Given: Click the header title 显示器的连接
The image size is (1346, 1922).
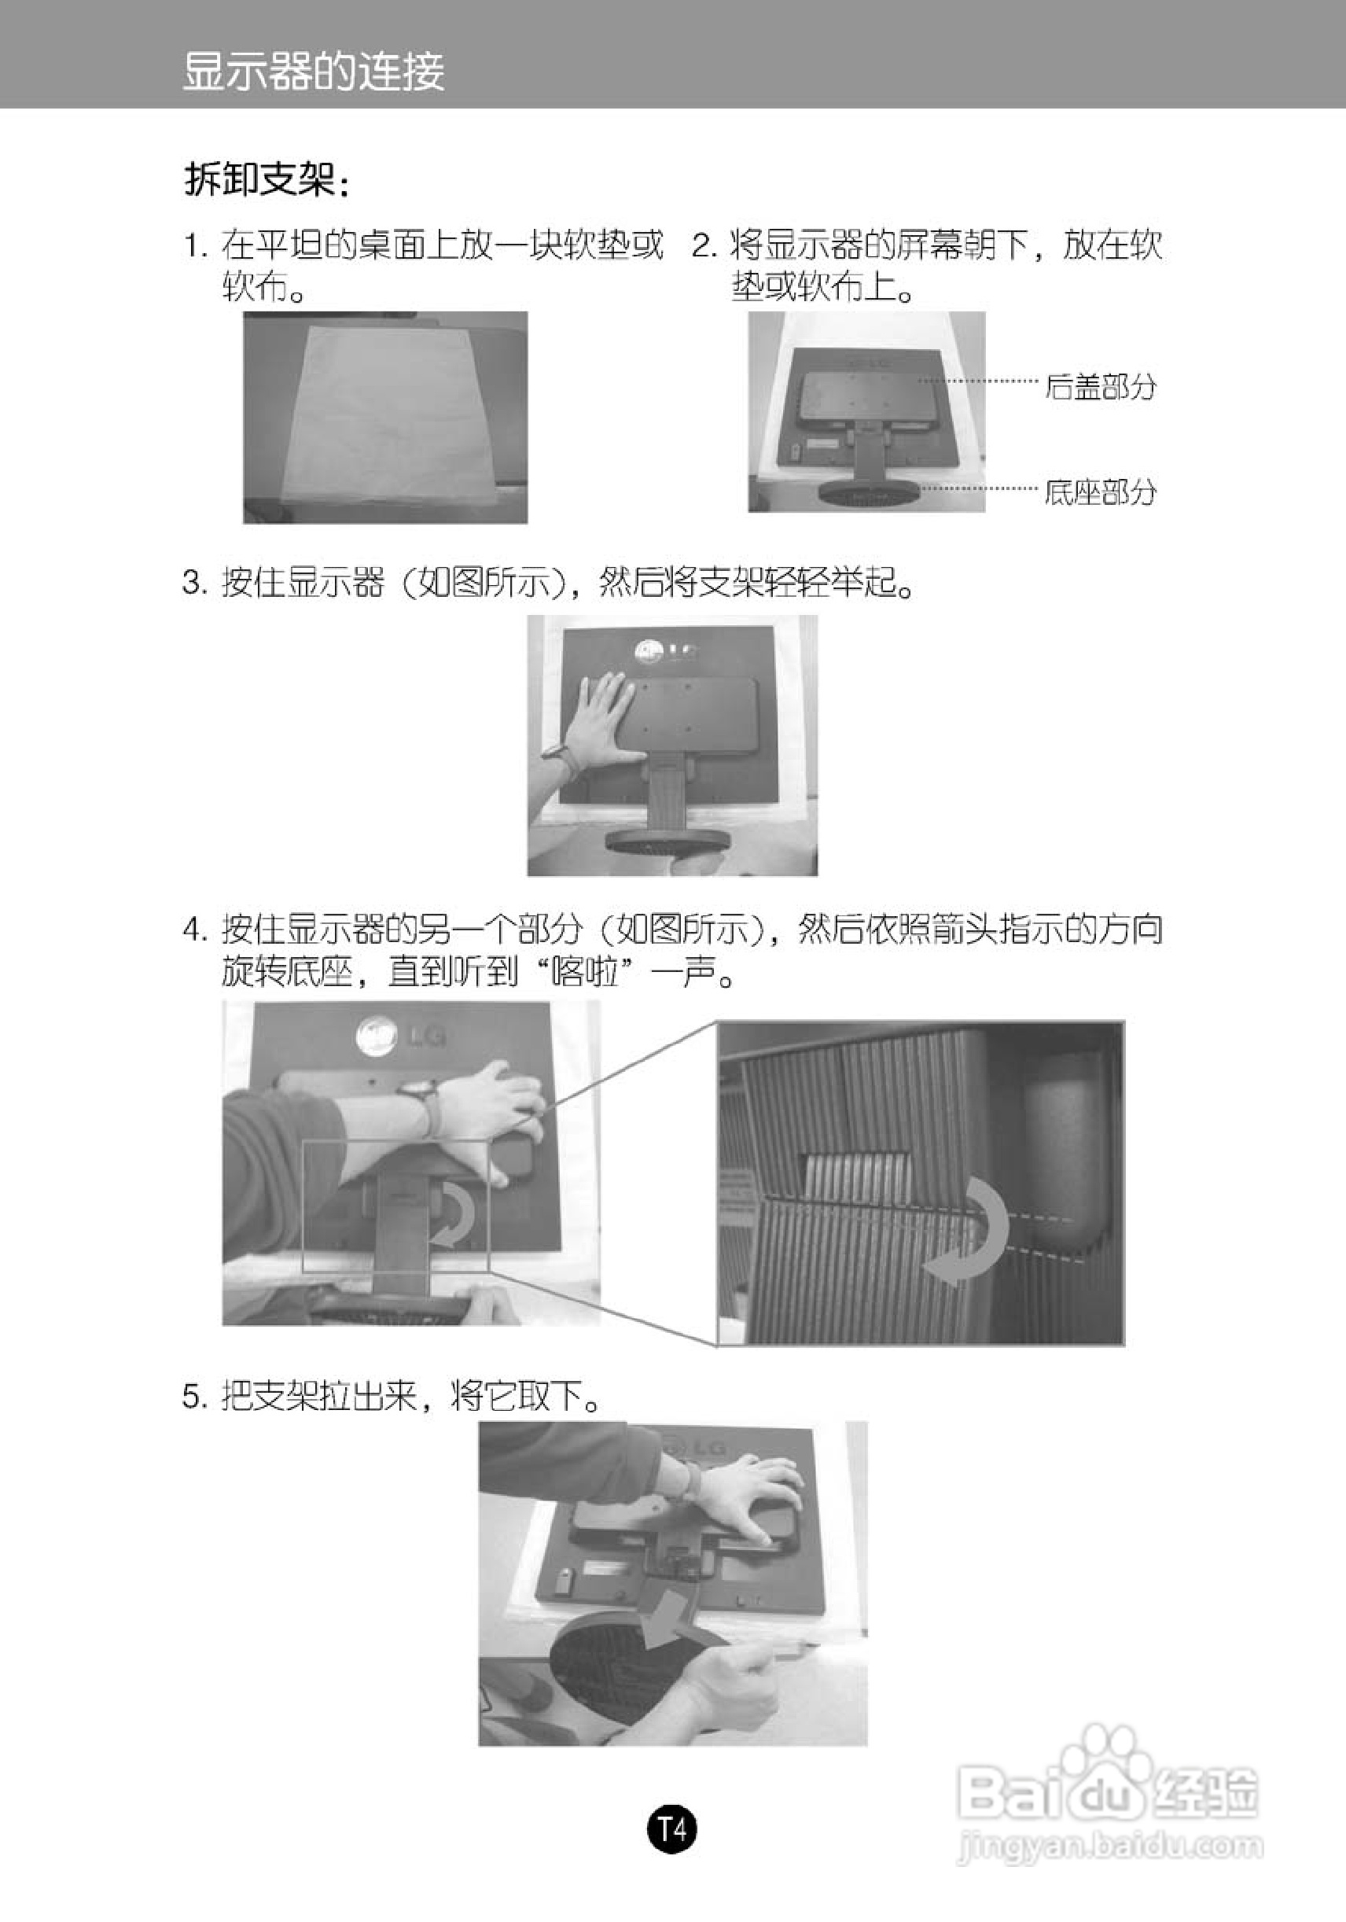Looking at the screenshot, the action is [x=314, y=72].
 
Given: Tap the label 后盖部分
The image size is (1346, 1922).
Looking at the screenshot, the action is [x=1101, y=387].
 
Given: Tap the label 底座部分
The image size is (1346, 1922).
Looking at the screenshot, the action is [x=1101, y=492].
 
